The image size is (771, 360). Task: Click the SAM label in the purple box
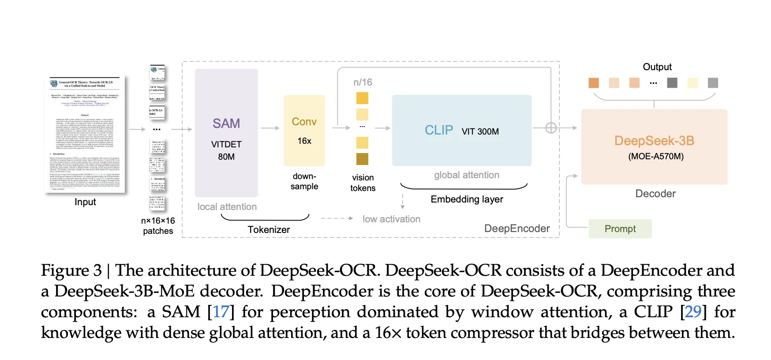[x=226, y=124]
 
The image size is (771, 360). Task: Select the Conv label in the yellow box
[x=304, y=122]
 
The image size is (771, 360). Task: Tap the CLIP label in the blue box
[x=439, y=130]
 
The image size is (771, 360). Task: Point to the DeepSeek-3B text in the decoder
[x=654, y=141]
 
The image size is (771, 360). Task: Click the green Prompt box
[x=620, y=229]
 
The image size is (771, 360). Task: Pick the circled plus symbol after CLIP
[x=551, y=128]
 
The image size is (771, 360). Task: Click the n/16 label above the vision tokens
[x=363, y=82]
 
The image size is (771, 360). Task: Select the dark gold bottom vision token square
[x=362, y=159]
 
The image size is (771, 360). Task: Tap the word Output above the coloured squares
[x=657, y=67]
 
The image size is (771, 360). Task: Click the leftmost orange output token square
[x=594, y=83]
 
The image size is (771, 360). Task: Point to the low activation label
[x=391, y=219]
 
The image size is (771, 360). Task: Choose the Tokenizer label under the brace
[x=269, y=230]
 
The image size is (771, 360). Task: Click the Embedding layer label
[x=467, y=199]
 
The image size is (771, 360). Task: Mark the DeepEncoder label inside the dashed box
[x=517, y=229]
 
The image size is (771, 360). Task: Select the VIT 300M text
[x=480, y=131]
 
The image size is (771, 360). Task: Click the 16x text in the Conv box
[x=304, y=141]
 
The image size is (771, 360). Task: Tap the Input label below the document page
[x=85, y=202]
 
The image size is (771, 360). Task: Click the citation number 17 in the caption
[x=221, y=312]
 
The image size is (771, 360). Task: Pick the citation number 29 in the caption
[x=693, y=312]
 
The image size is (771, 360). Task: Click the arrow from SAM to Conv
[x=270, y=128]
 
